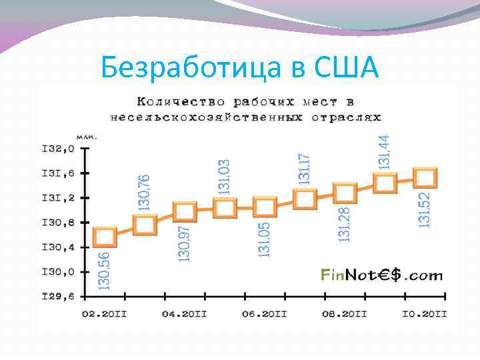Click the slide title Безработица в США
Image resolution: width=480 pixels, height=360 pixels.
(x=240, y=69)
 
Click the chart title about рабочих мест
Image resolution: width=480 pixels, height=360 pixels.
(x=245, y=109)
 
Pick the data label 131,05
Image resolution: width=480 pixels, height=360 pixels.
(x=264, y=239)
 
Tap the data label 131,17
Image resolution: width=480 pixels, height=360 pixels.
(x=304, y=168)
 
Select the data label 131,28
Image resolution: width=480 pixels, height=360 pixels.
(x=344, y=223)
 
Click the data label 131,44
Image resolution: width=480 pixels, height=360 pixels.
(x=383, y=151)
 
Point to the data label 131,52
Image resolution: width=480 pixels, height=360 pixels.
(x=424, y=209)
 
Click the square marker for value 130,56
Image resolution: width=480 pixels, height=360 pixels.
(x=105, y=237)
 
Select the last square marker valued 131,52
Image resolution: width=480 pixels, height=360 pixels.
(x=425, y=178)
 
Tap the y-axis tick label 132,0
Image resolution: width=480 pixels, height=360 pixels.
(x=57, y=148)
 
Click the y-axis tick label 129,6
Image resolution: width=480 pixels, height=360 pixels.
(x=57, y=296)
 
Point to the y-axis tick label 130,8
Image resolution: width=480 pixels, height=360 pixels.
(x=57, y=222)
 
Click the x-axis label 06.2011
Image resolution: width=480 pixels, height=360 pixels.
(x=264, y=313)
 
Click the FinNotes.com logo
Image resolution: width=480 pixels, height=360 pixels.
(x=381, y=275)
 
